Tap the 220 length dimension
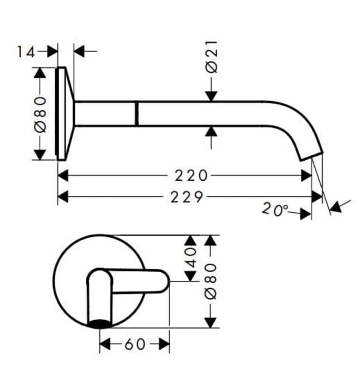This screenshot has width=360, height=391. coord(190,176)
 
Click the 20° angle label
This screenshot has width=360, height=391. coord(275,209)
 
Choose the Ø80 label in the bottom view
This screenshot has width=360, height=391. coord(210,282)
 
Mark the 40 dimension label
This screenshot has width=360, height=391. coord(190,258)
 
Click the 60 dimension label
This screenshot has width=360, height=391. coord(134,345)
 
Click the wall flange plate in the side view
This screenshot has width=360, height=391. coord(63,113)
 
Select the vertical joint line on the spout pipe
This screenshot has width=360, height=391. coord(136,113)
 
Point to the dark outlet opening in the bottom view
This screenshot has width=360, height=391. coord(100,322)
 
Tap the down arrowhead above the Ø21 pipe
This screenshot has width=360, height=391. coord(211,96)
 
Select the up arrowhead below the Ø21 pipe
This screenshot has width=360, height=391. coord(211,132)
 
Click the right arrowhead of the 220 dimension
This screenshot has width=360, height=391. coord(306,176)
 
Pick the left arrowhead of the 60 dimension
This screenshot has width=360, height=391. coord(105,345)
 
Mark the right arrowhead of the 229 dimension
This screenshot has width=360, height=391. coord(318,197)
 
